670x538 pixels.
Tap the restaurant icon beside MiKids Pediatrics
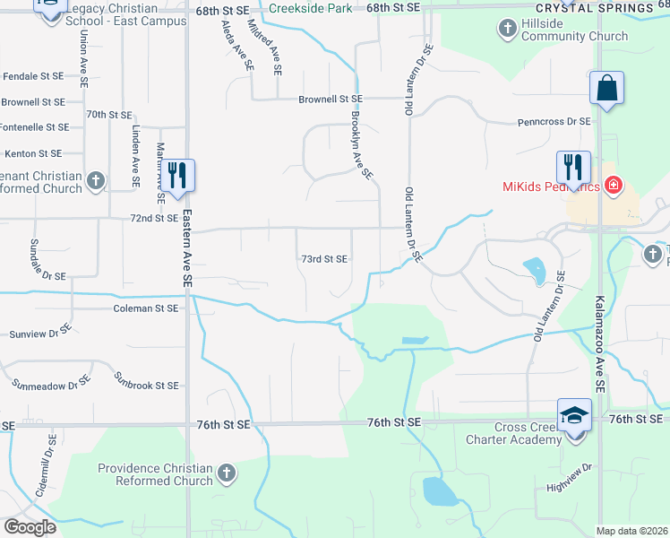coord(573,166)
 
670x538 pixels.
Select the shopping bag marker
coord(606,89)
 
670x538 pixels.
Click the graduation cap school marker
coord(574,416)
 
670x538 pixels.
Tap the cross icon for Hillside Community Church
coord(507,30)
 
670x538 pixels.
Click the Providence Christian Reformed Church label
coord(155,474)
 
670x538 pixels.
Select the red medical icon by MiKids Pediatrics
coord(614,187)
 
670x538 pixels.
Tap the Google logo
coord(30,527)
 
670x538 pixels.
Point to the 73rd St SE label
coord(323,258)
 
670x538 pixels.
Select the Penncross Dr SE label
coord(554,121)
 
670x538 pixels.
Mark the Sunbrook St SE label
coord(147,385)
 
